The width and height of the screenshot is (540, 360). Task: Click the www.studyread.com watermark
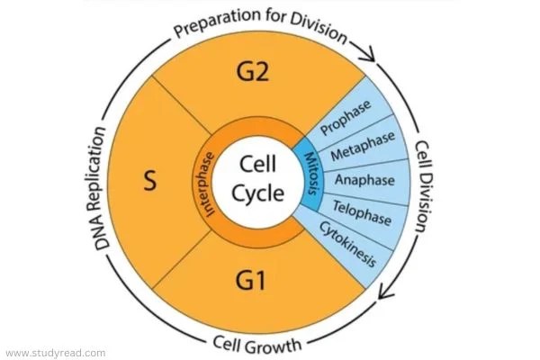coord(56,353)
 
